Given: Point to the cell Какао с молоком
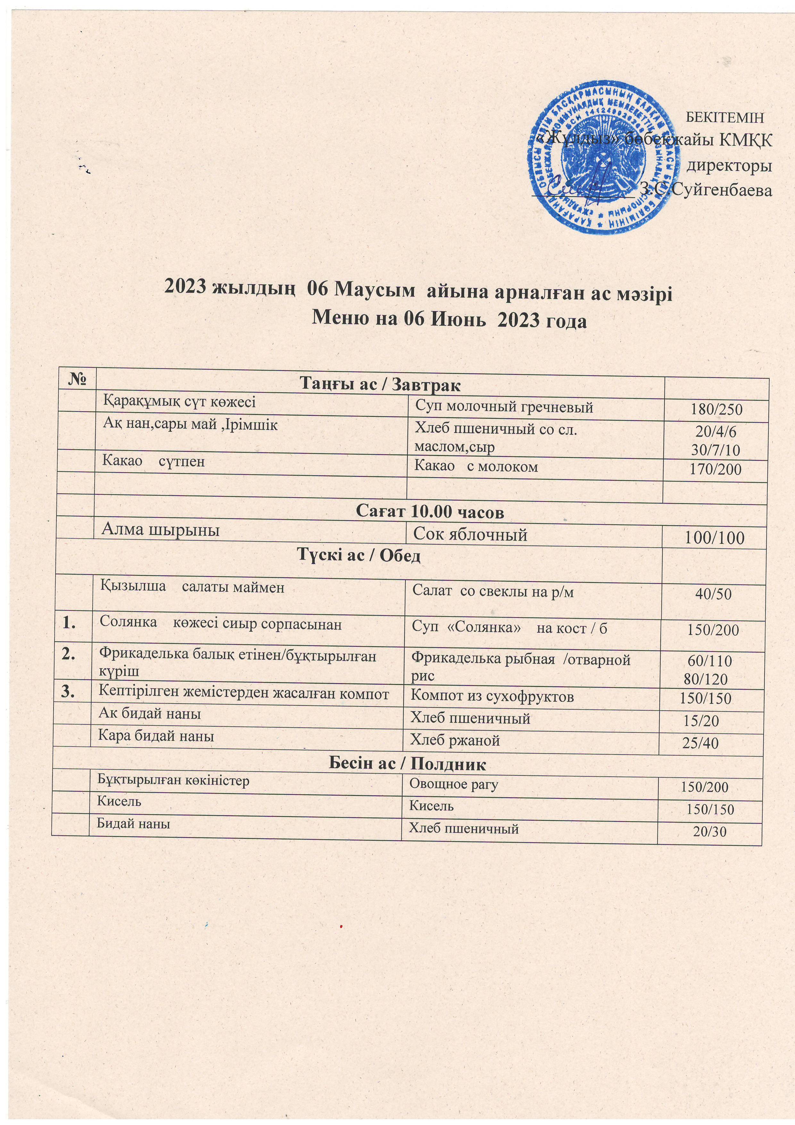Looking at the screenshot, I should [x=476, y=467].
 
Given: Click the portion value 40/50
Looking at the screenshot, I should [x=713, y=594].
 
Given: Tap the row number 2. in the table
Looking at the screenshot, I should [x=71, y=654].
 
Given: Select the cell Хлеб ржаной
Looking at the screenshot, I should [x=455, y=740].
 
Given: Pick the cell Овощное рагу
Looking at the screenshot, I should [x=454, y=784].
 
